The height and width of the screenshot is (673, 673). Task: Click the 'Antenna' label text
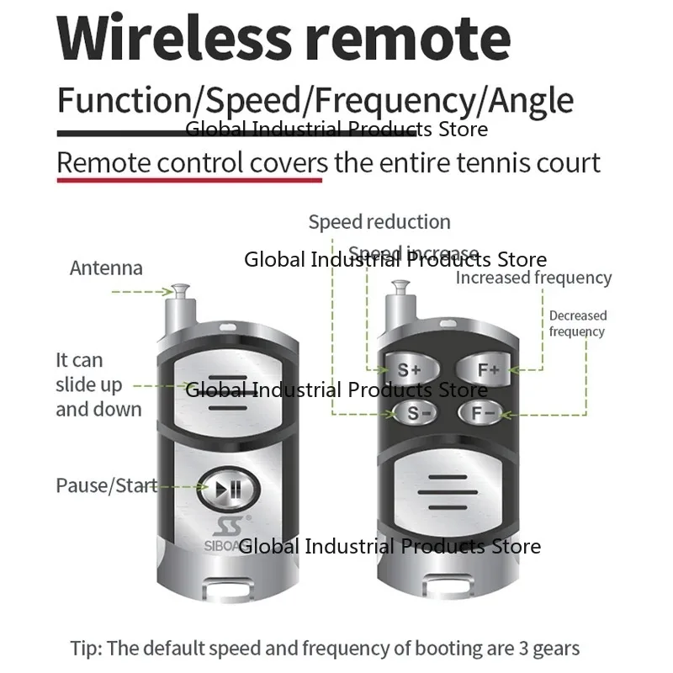106,268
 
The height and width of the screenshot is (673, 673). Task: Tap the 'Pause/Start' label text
106,485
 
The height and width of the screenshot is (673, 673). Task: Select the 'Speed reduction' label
379,222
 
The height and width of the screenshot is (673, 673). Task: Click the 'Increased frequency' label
533,278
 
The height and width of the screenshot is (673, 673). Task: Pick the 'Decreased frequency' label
577,323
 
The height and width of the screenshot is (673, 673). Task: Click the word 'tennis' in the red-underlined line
495,162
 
